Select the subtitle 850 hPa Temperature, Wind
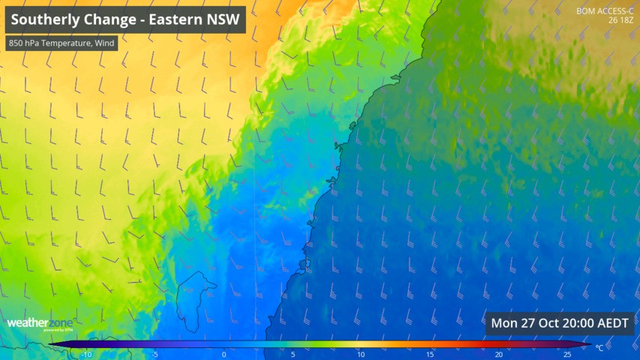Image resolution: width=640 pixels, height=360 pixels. point(62,43)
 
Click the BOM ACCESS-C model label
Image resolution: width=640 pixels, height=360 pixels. point(604,11)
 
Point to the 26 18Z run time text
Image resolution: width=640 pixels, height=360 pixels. point(619,20)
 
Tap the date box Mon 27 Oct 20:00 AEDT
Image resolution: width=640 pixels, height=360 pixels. point(560,324)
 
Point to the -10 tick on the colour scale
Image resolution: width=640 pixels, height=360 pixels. point(86,354)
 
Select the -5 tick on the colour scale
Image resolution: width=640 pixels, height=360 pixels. point(155,354)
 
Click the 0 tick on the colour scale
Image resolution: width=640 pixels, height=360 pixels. point(224,354)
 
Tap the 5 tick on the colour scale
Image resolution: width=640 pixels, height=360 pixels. point(293,354)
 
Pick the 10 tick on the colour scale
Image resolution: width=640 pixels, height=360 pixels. point(361,354)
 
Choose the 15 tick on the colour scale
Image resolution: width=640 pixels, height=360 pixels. point(430,354)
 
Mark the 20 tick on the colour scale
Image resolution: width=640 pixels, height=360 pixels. point(498,354)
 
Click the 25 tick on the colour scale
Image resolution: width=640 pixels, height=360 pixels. point(567,354)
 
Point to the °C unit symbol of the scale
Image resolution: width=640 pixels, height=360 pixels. point(599,348)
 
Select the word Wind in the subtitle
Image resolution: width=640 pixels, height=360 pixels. point(104,43)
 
